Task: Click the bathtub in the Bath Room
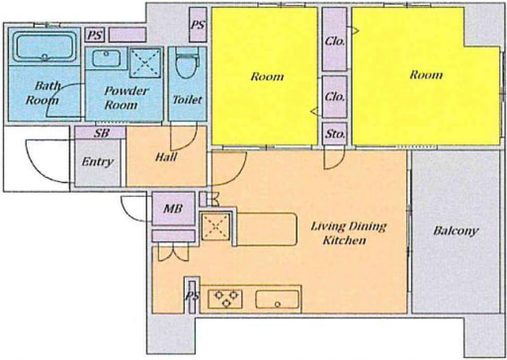(44, 47)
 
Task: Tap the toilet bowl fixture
(187, 63)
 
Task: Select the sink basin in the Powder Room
(106, 58)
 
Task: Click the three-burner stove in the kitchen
(225, 299)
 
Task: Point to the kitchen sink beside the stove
(278, 300)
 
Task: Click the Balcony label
(456, 230)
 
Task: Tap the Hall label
(166, 157)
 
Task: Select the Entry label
(97, 162)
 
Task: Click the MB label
(173, 209)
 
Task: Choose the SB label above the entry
(102, 133)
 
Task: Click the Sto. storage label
(335, 134)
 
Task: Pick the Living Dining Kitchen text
(348, 233)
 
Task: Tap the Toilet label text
(187, 100)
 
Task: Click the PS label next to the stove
(192, 297)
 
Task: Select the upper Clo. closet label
(335, 42)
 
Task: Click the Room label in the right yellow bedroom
(426, 75)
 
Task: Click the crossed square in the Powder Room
(145, 62)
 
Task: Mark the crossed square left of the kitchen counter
(215, 226)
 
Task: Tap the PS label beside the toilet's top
(198, 25)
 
